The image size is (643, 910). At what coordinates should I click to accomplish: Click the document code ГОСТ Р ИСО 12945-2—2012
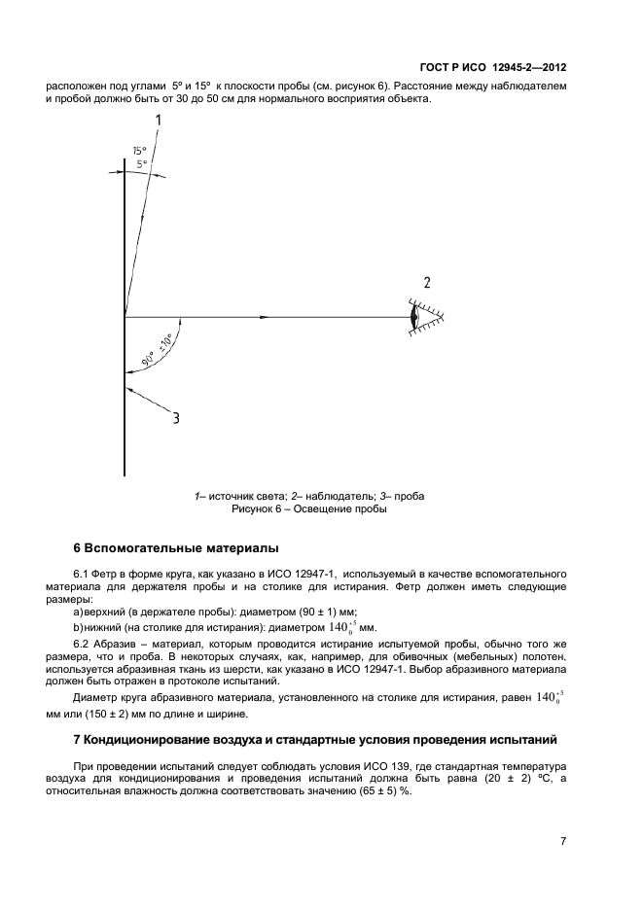(493, 68)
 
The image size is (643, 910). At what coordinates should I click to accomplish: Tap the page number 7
(562, 842)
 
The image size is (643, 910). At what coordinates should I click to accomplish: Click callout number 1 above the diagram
(158, 120)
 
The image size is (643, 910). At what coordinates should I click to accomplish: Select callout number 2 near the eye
(425, 284)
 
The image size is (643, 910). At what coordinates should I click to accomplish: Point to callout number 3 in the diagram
(176, 419)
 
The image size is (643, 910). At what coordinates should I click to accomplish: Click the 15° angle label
(139, 151)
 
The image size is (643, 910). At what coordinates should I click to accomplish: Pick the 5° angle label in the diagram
(142, 165)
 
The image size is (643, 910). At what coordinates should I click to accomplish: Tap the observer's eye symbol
(416, 316)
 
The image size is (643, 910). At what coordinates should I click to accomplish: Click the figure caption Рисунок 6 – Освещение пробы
(308, 508)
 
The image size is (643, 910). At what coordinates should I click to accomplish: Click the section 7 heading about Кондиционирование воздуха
(316, 740)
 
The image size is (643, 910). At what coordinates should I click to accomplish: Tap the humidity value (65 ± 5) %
(383, 791)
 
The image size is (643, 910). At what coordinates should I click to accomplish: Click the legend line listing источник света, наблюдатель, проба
(308, 496)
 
